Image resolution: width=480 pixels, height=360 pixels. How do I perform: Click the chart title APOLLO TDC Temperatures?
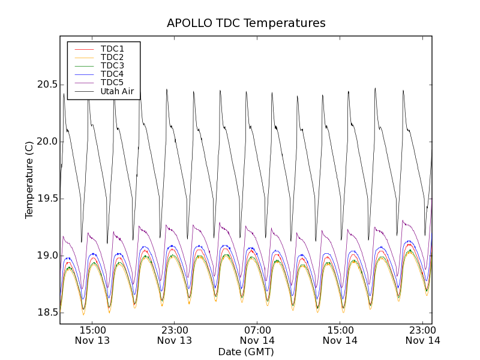[246, 23]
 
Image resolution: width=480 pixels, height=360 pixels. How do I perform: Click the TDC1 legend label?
[112, 49]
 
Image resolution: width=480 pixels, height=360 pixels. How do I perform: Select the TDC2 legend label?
[112, 57]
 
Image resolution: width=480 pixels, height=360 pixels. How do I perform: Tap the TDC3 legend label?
[112, 65]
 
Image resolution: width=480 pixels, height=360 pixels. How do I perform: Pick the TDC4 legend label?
[112, 74]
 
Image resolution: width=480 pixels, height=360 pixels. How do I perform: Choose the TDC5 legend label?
[112, 82]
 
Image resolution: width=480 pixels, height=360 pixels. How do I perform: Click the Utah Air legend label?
[117, 92]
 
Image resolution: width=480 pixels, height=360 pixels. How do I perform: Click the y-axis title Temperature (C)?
[29, 180]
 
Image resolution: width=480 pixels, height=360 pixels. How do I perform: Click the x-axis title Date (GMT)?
[246, 352]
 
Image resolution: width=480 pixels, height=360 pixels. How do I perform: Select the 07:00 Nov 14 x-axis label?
[257, 335]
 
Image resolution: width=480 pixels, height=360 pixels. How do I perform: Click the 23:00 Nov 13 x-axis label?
[175, 335]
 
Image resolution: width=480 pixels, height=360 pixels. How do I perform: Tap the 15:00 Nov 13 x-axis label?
[92, 335]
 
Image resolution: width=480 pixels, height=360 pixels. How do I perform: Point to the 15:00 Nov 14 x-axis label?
[340, 335]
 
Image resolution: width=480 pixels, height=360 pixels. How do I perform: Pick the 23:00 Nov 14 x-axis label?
[423, 335]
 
